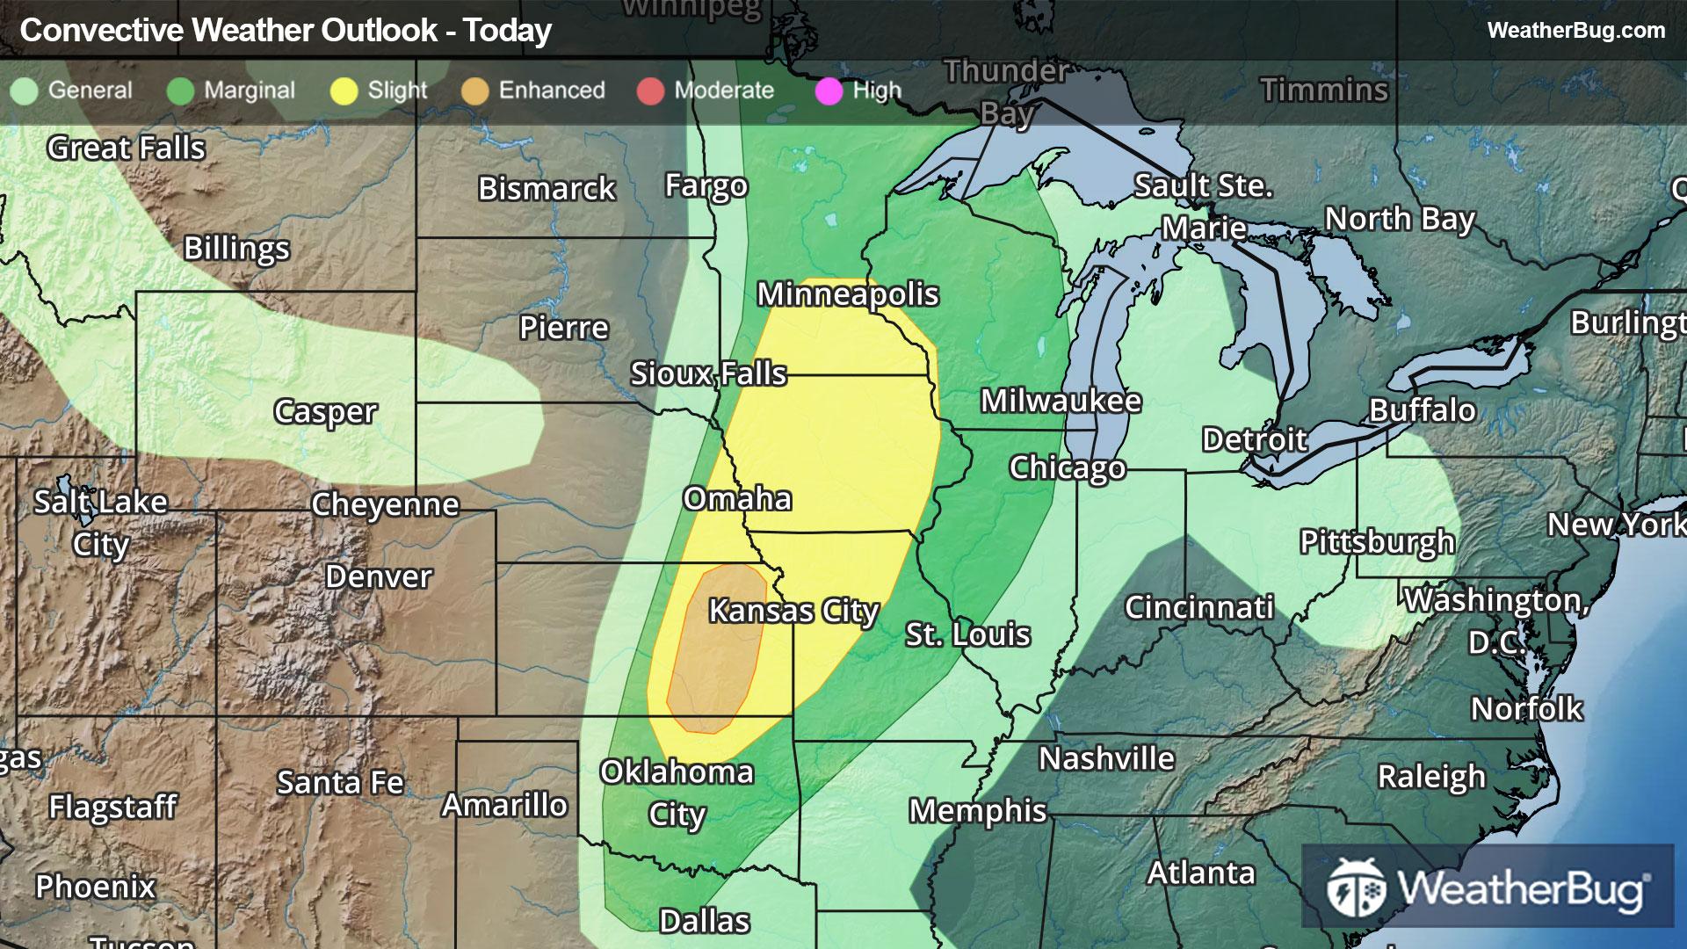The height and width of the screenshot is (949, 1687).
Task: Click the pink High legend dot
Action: [829, 91]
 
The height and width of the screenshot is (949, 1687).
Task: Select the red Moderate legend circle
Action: [650, 91]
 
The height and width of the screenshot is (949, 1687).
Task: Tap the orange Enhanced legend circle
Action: [474, 91]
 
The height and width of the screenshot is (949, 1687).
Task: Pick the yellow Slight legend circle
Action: [344, 91]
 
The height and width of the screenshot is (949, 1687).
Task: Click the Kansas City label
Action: [793, 610]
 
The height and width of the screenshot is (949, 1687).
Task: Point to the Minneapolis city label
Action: [848, 294]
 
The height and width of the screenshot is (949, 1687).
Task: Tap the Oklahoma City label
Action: [677, 793]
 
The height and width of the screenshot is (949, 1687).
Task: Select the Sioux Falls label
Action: [708, 373]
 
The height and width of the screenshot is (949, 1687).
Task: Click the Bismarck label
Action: [547, 188]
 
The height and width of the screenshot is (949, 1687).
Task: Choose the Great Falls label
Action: [126, 148]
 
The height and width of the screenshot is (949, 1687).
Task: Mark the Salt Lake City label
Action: [100, 523]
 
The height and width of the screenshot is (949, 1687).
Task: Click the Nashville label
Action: [1106, 757]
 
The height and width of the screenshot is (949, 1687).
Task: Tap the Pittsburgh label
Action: [1377, 541]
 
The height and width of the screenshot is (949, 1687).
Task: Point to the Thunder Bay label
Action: [1007, 91]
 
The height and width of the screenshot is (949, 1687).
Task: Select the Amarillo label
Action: [504, 804]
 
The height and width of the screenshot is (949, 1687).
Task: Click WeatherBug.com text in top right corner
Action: [1575, 30]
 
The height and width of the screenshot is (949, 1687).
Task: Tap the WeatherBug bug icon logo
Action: [1356, 887]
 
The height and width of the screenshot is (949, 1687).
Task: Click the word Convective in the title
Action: [102, 31]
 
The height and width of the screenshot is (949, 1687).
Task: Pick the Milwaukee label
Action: [1061, 401]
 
